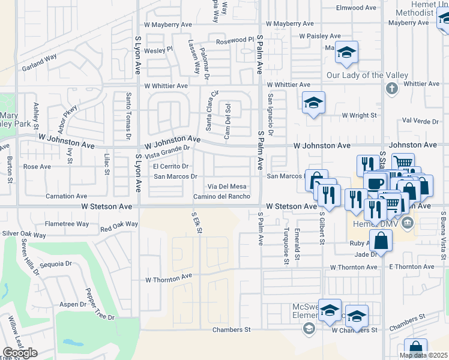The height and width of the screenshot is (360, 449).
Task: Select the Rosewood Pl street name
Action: coord(235,40)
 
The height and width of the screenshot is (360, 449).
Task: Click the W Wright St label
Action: coord(359,115)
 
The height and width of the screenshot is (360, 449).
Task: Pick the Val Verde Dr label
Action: coord(420,121)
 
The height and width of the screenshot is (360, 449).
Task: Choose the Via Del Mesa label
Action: coord(227,187)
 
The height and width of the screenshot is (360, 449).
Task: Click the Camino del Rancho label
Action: coord(221,197)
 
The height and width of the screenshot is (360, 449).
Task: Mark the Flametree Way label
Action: coord(67,224)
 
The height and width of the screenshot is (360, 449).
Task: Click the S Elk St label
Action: coord(196,222)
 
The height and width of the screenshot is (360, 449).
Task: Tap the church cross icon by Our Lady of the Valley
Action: coord(392,89)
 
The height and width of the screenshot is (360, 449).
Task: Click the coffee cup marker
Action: coord(374,183)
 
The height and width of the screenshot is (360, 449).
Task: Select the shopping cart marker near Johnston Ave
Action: coord(403,163)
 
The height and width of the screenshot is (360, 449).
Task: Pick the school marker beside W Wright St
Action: coord(313,103)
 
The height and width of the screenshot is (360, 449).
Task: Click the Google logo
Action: coord(20,353)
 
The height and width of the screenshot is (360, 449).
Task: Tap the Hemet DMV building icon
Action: coord(408,224)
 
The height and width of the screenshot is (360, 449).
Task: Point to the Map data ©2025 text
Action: coord(423,355)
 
